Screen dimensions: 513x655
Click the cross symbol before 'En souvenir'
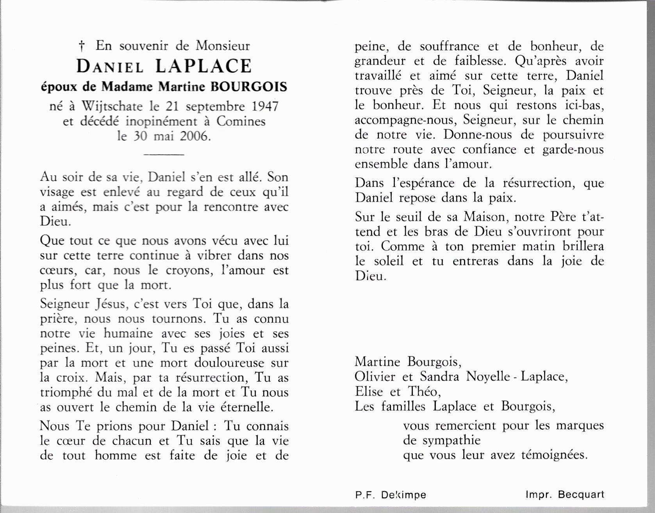(x=82, y=47)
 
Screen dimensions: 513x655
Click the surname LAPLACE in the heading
(x=203, y=66)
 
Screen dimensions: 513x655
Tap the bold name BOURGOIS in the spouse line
(x=249, y=86)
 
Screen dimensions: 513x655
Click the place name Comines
(x=241, y=122)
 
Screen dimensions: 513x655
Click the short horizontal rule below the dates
(x=164, y=155)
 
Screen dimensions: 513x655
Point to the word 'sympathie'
(x=452, y=440)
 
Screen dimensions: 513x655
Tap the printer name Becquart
(x=581, y=495)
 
